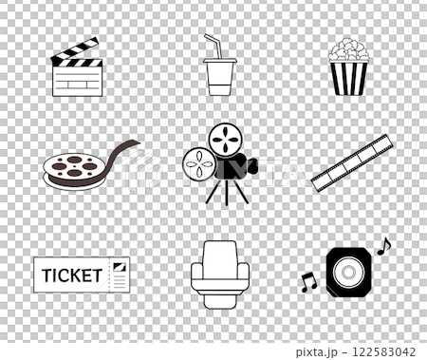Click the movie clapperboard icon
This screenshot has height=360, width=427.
click(x=77, y=70)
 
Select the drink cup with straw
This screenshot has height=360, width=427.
click(x=219, y=74)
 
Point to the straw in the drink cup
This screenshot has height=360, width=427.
click(x=213, y=44)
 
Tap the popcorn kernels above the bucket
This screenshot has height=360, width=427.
click(x=348, y=49)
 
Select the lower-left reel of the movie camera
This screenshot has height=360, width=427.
click(x=199, y=164)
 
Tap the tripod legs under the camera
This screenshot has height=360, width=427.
click(x=228, y=192)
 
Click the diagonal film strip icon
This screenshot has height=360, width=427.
click(x=352, y=162)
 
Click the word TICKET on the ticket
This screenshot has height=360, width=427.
click(x=72, y=275)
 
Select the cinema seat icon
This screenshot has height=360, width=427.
click(x=220, y=274)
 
